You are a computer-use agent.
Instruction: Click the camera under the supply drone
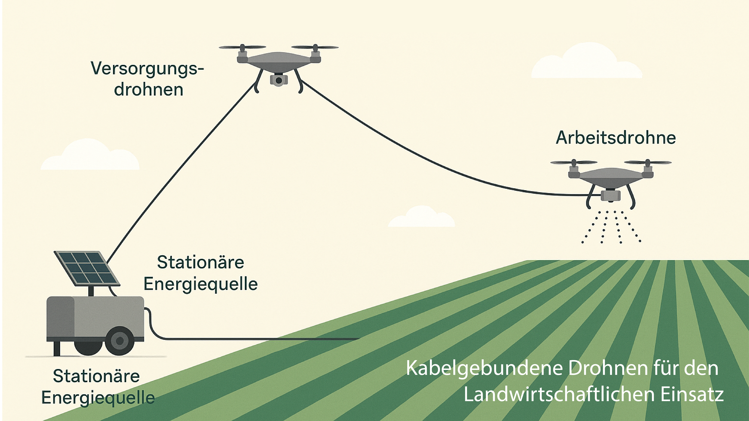pyautogui.click(x=279, y=80)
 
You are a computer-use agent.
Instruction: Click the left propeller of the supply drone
pyautogui.click(x=242, y=47)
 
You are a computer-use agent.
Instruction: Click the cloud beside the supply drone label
pyautogui.click(x=90, y=155)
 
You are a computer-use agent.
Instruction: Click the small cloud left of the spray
pyautogui.click(x=422, y=217)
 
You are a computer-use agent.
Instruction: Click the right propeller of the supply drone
pyautogui.click(x=315, y=47)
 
